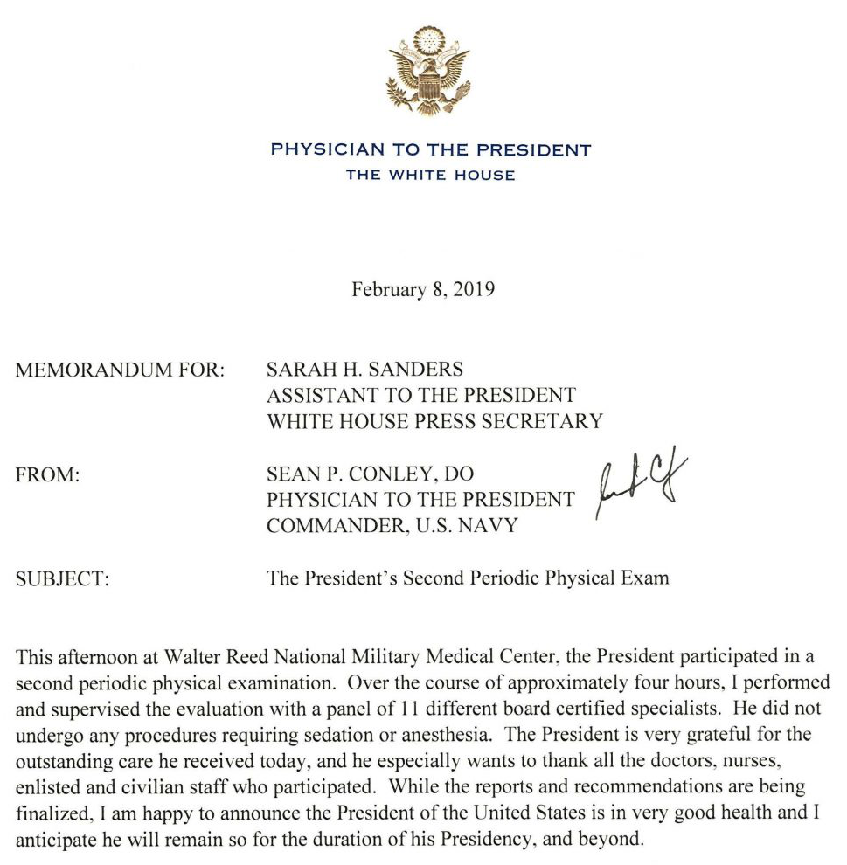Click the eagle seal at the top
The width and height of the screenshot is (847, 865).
(x=429, y=72)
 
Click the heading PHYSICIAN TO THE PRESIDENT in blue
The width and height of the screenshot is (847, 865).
(x=431, y=149)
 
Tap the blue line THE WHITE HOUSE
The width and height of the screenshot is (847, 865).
(x=430, y=175)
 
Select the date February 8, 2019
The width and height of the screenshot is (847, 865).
(x=423, y=289)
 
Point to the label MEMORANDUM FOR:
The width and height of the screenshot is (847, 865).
(x=121, y=370)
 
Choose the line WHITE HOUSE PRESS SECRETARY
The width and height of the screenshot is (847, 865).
(x=434, y=421)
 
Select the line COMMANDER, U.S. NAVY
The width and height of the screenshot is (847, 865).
(x=392, y=526)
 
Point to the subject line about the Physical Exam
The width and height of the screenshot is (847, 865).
(x=468, y=578)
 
